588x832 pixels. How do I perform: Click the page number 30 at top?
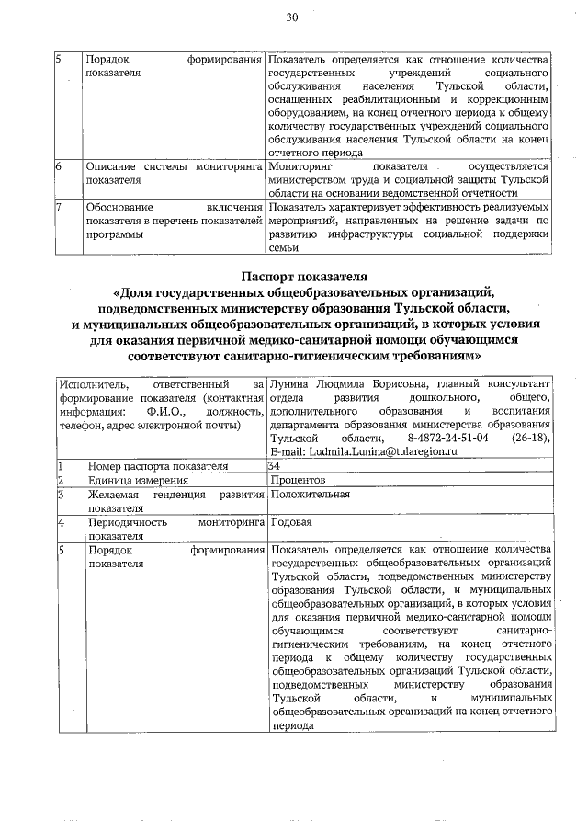[x=293, y=17]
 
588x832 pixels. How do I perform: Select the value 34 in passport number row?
[x=274, y=466]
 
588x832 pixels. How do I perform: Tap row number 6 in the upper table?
[x=59, y=166]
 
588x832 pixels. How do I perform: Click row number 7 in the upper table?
[x=59, y=207]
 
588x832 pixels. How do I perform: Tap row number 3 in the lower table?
[x=59, y=495]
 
